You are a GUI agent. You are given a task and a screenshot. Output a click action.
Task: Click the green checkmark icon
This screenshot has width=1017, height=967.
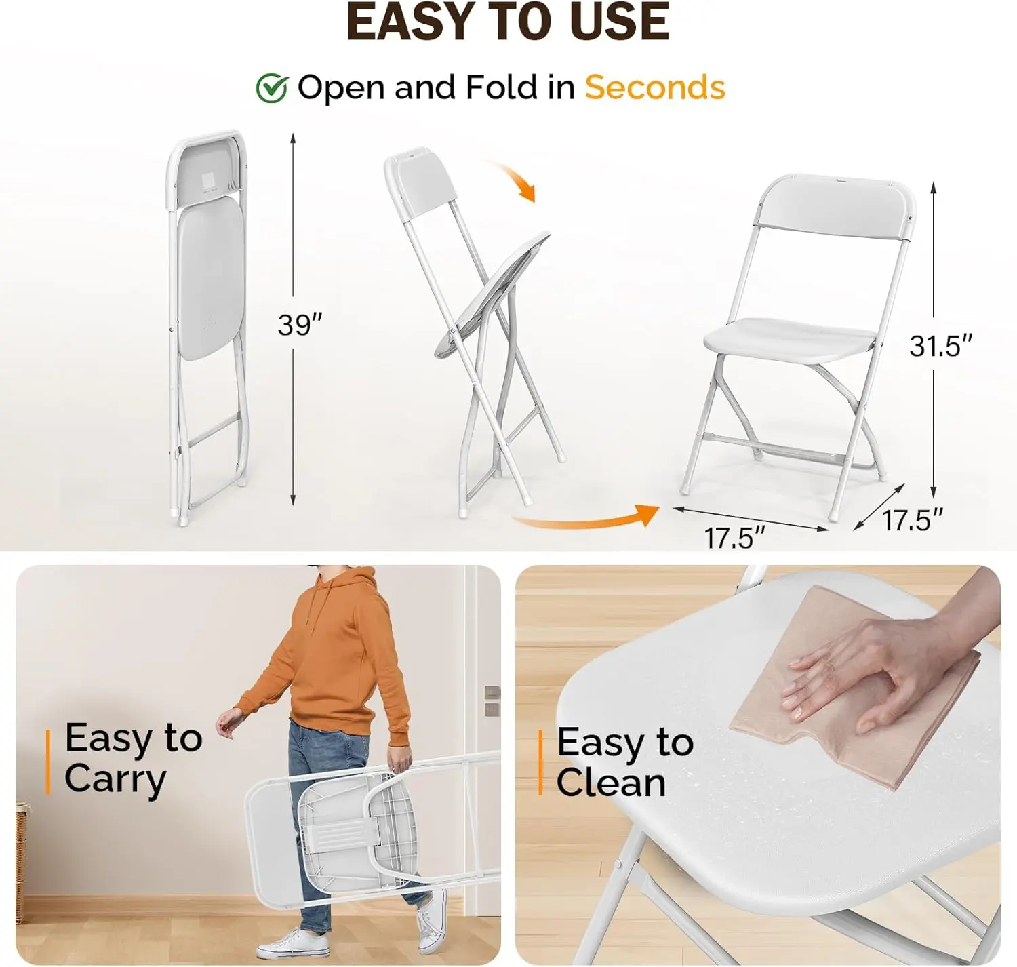[273, 88]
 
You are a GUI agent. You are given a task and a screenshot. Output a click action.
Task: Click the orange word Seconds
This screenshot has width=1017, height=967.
[654, 87]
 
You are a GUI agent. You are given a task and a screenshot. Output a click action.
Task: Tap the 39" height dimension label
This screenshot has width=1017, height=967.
[300, 325]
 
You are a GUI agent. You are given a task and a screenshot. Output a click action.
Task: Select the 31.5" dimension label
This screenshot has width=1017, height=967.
[940, 346]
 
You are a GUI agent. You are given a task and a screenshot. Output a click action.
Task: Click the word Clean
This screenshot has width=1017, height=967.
[611, 783]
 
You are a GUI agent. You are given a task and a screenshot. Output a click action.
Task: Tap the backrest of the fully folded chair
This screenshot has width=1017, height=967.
[207, 171]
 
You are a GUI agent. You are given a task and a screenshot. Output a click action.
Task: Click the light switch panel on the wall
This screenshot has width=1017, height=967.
[492, 701]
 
